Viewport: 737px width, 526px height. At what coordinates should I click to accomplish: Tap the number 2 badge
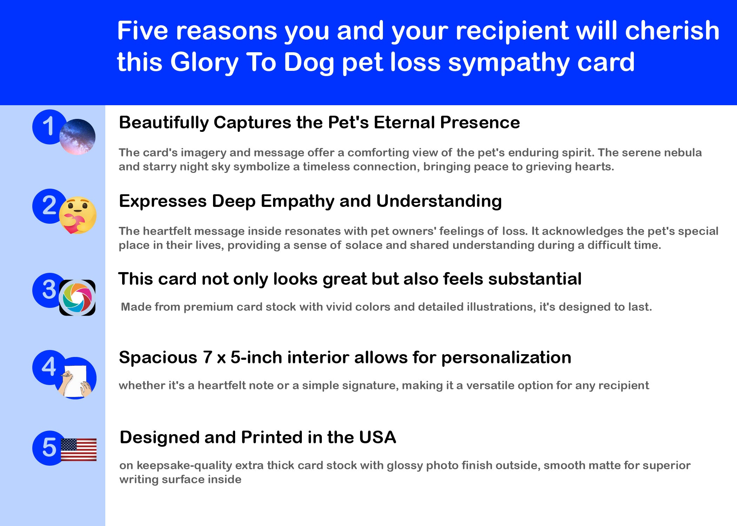click(49, 205)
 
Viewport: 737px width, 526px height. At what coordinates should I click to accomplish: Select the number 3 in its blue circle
click(49, 290)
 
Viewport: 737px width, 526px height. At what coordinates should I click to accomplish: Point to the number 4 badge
click(49, 367)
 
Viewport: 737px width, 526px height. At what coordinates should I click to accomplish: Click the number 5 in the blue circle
click(49, 447)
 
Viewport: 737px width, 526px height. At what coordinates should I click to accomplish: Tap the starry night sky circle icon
click(77, 137)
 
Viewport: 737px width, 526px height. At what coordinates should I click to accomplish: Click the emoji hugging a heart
click(78, 215)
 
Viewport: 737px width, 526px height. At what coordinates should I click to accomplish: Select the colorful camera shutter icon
click(77, 298)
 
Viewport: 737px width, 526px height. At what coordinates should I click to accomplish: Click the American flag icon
click(79, 450)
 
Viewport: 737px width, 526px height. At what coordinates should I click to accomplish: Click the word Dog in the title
click(309, 63)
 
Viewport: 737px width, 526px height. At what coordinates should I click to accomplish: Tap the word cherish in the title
click(672, 31)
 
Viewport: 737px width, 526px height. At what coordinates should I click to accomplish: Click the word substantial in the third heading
click(535, 279)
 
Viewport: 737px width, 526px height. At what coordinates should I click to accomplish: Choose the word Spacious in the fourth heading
click(158, 358)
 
